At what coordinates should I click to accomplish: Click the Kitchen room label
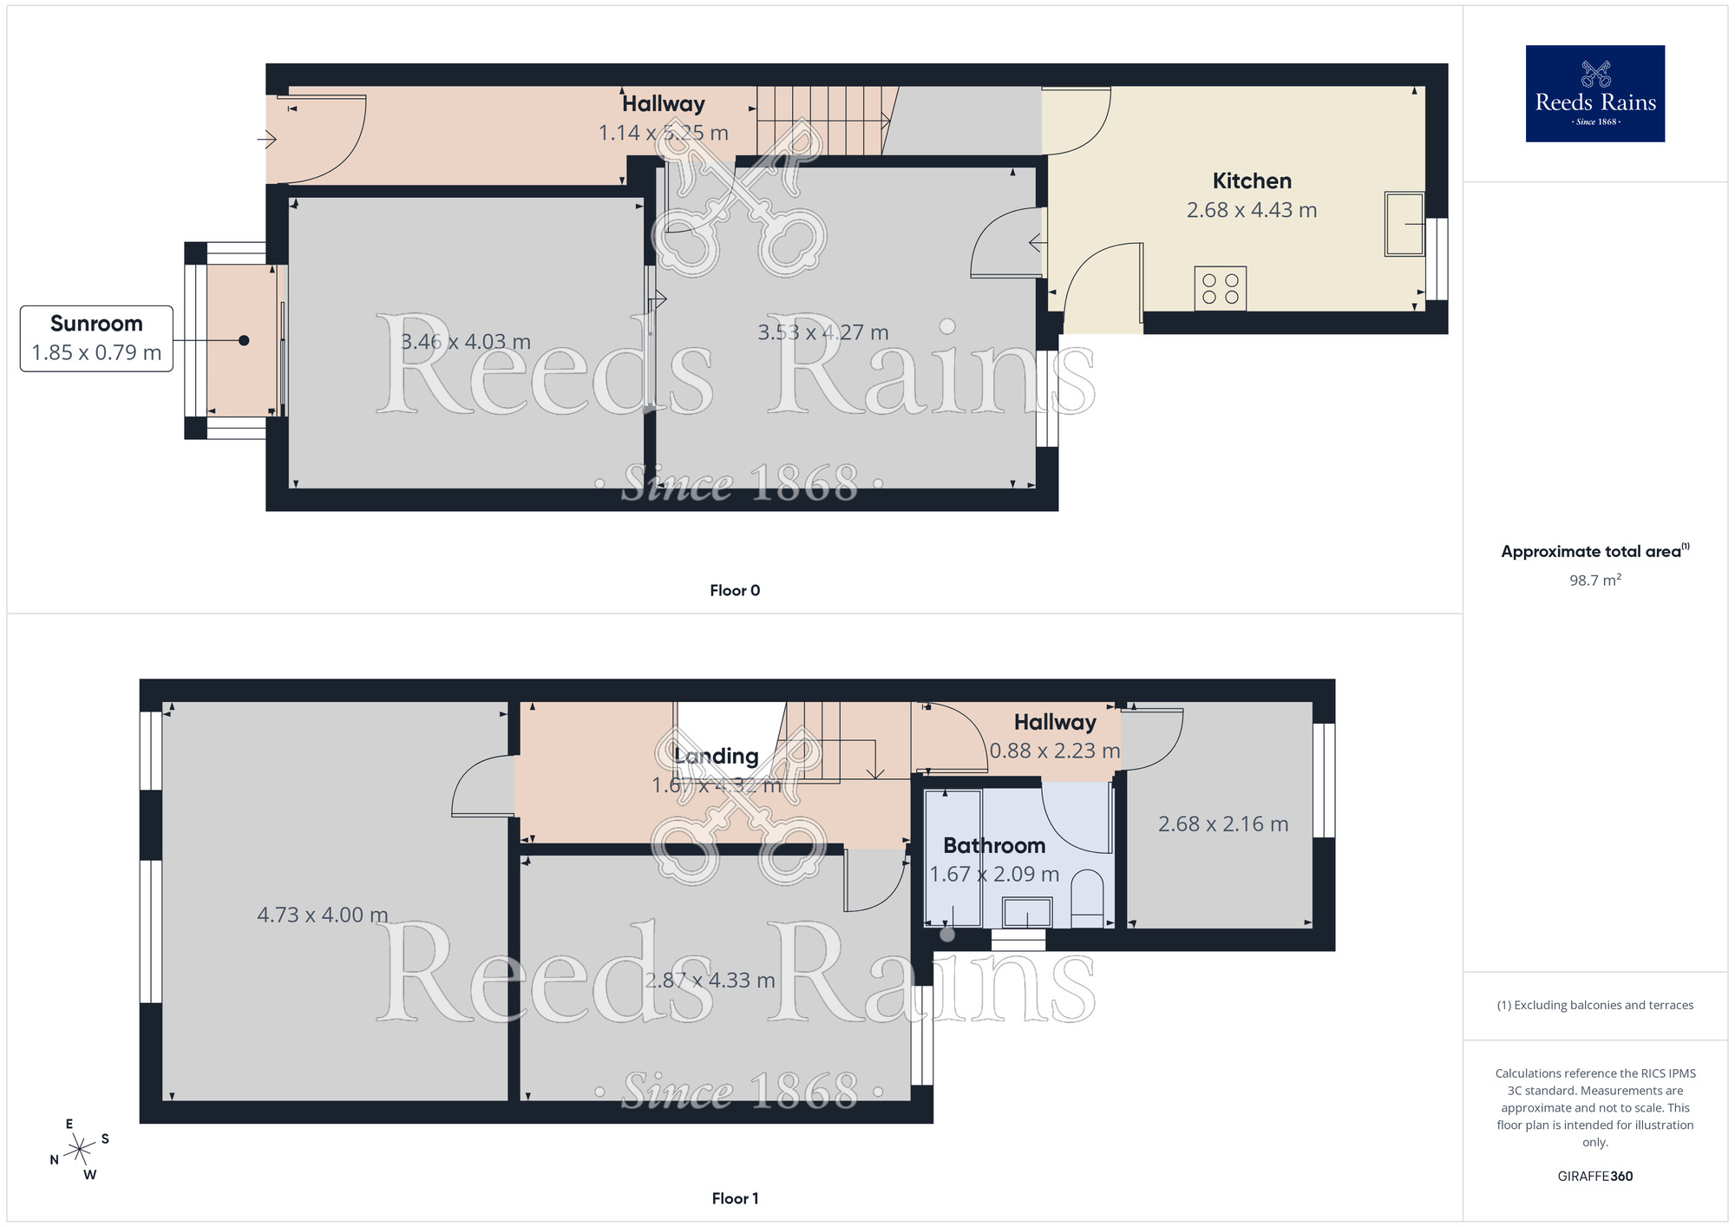(x=1252, y=181)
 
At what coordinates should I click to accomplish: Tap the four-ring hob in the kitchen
(x=1221, y=289)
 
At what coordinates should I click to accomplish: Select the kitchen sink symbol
(x=1404, y=224)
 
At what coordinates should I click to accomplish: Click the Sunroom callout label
(x=96, y=325)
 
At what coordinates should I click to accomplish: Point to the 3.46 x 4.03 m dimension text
(x=466, y=342)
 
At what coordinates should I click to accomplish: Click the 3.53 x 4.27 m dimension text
(x=823, y=332)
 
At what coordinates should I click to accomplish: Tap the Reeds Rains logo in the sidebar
(x=1594, y=94)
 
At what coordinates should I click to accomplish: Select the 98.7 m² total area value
(x=1594, y=581)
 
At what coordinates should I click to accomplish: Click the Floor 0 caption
(x=735, y=591)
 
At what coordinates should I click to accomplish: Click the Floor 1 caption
(x=735, y=1198)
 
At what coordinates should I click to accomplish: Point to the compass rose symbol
(x=80, y=1150)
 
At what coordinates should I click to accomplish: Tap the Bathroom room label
(x=994, y=845)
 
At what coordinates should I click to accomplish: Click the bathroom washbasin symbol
(x=1027, y=913)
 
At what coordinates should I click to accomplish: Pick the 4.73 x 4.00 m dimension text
(x=323, y=915)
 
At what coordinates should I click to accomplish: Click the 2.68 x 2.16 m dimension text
(x=1223, y=824)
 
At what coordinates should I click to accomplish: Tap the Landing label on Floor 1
(x=717, y=757)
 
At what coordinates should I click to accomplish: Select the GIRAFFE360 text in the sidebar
(x=1594, y=1177)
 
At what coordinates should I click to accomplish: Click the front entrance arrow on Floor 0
(x=266, y=139)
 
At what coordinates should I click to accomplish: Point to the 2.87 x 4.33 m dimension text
(x=710, y=981)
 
